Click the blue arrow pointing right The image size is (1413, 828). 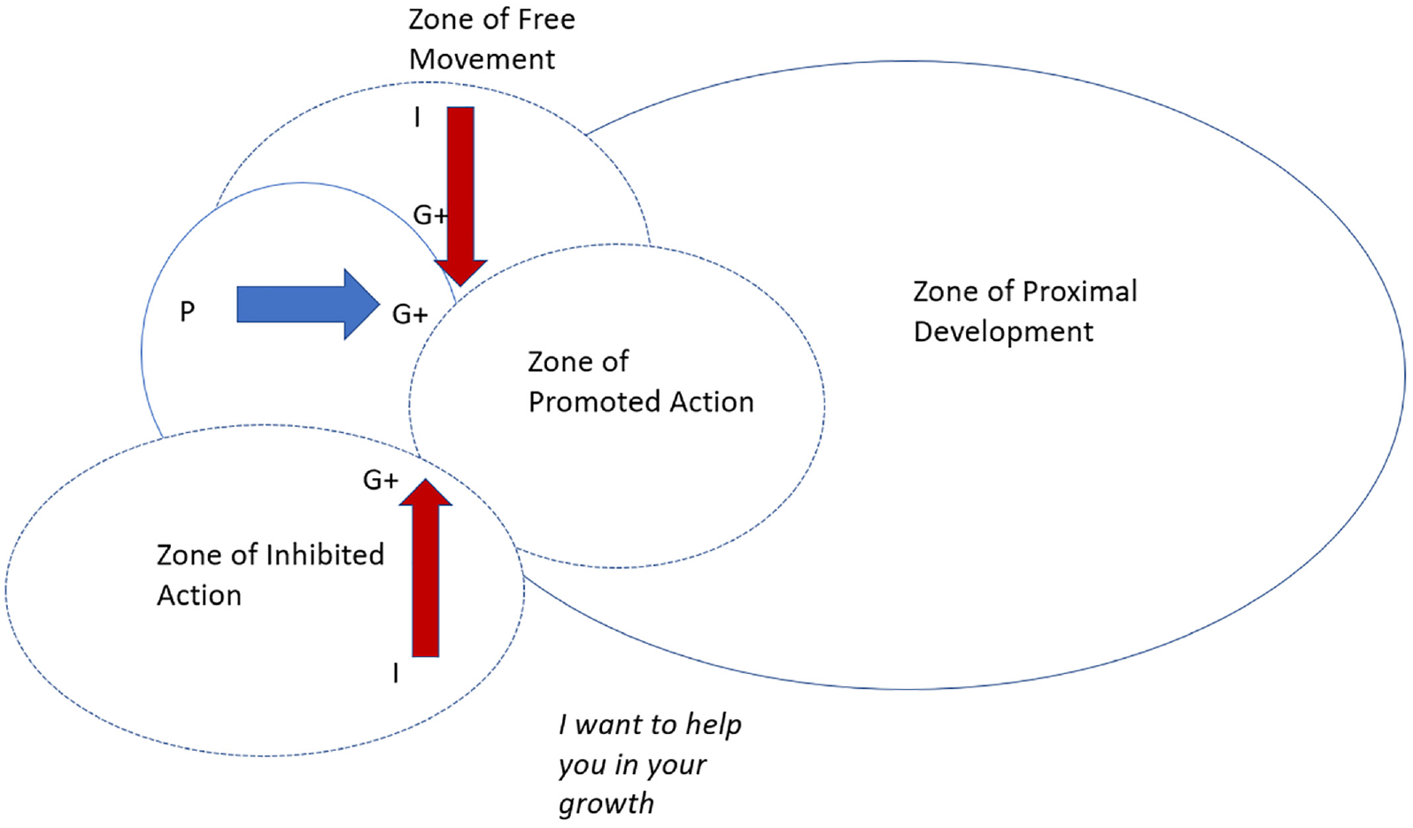tap(308, 304)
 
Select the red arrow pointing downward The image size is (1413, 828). tap(460, 196)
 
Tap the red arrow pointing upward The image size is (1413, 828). tap(426, 568)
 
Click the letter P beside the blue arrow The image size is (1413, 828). tap(188, 312)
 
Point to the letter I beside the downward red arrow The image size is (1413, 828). tap(417, 118)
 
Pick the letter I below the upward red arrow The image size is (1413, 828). tap(396, 673)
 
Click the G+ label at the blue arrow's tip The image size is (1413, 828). tap(410, 313)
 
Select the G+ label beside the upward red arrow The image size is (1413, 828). tap(381, 480)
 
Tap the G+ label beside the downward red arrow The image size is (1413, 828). tap(430, 215)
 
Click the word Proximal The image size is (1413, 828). tap(1079, 291)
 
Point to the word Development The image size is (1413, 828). tap(1003, 332)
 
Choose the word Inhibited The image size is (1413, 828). tap(325, 554)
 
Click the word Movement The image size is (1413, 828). tap(482, 59)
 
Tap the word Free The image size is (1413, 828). tap(546, 19)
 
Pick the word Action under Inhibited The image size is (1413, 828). tap(199, 595)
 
